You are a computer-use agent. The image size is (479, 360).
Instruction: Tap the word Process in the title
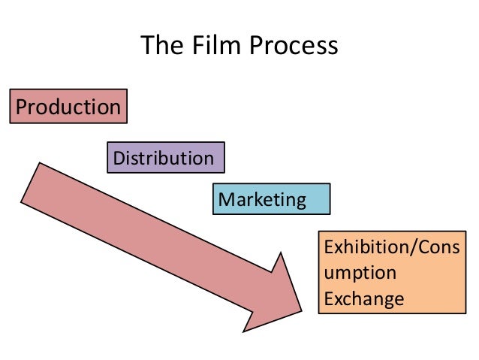point(295,47)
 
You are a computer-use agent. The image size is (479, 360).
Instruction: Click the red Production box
point(68,107)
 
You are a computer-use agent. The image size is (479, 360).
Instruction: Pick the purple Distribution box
point(165,158)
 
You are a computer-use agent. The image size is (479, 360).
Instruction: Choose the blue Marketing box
point(271,200)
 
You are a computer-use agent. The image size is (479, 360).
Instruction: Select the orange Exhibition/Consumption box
point(390,272)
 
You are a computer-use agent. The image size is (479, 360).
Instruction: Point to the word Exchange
point(363,300)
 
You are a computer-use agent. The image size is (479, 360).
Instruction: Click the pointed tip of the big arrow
point(300,307)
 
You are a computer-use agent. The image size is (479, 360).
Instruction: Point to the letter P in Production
point(21,107)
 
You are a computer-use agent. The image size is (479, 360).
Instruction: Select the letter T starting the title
point(147,47)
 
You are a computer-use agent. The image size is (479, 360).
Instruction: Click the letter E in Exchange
point(327,300)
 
